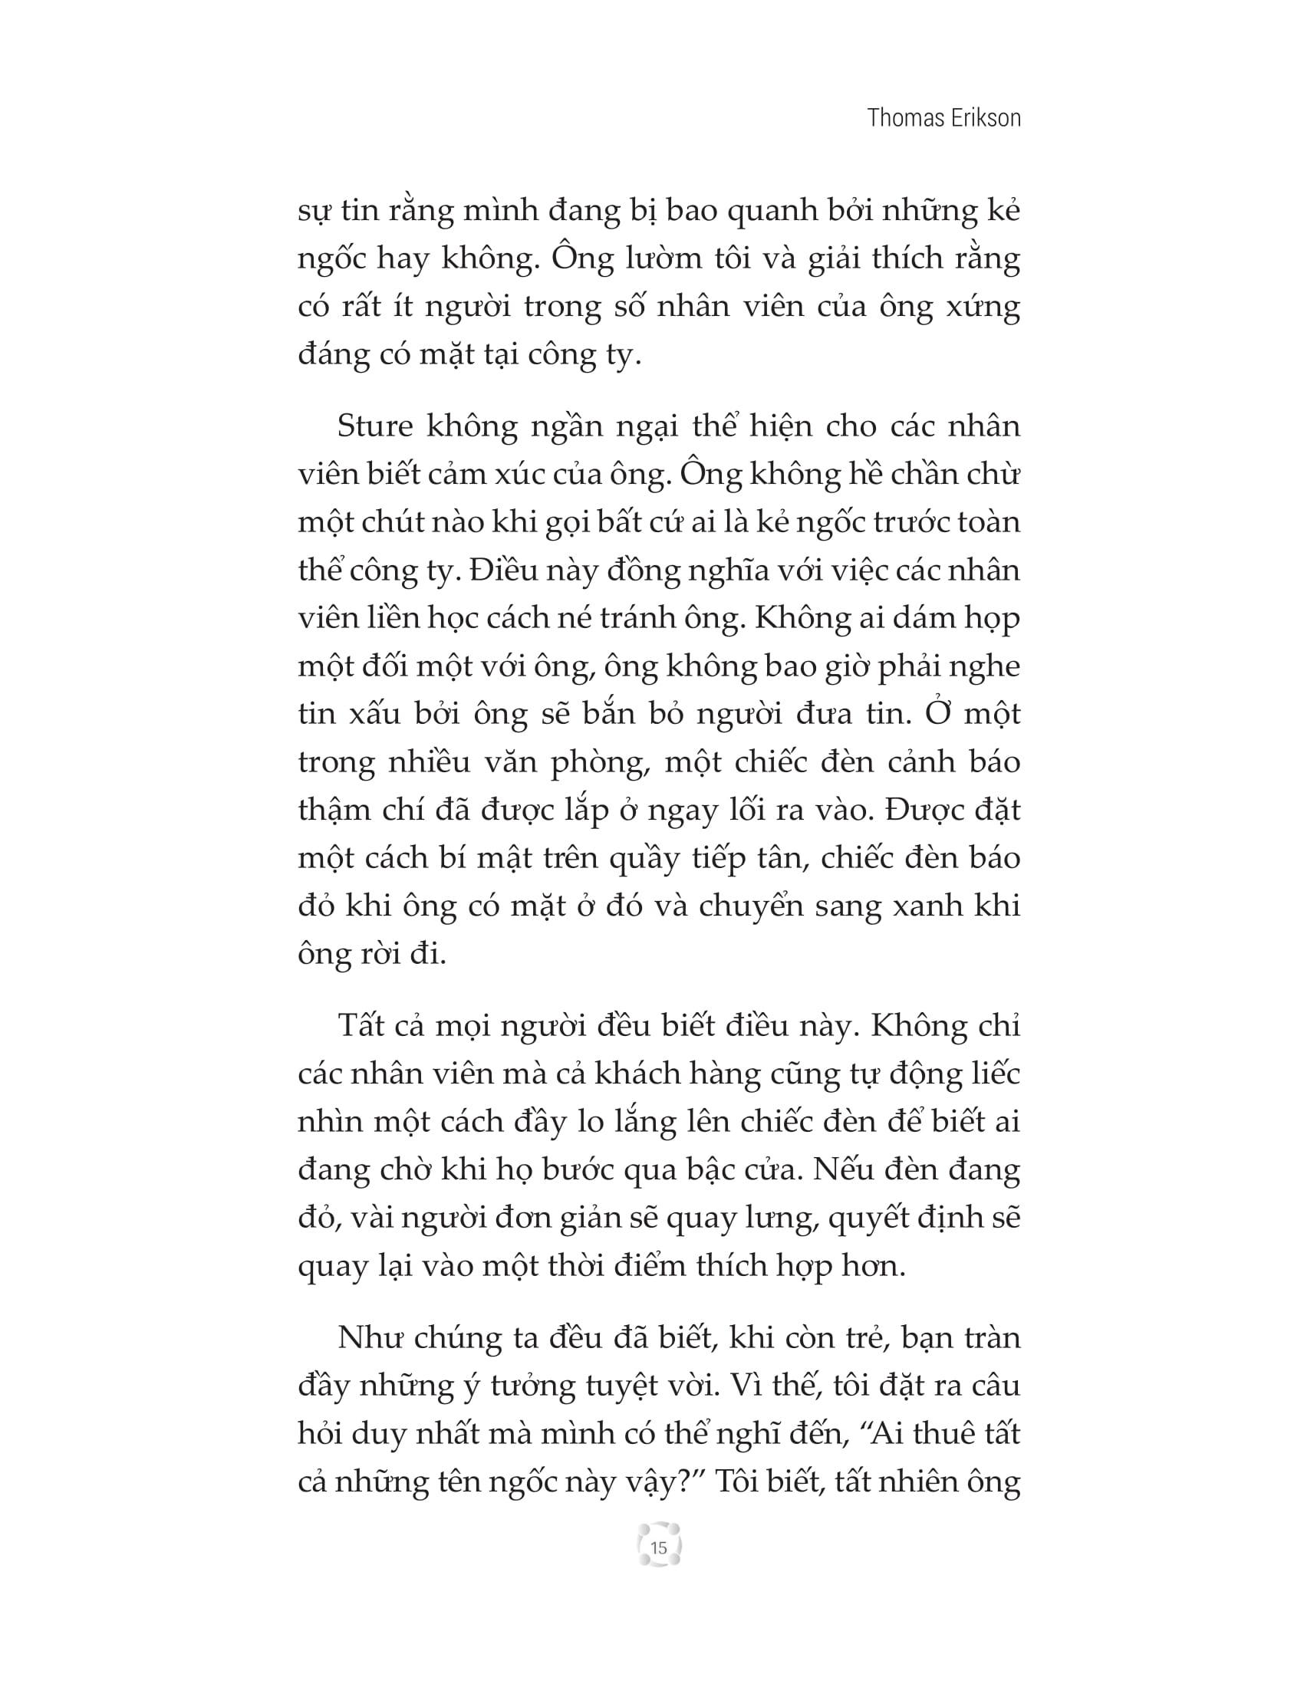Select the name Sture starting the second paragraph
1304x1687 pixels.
click(x=374, y=426)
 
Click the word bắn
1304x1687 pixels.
click(x=608, y=714)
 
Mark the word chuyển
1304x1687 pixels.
click(x=749, y=906)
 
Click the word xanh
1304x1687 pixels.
click(x=932, y=906)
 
